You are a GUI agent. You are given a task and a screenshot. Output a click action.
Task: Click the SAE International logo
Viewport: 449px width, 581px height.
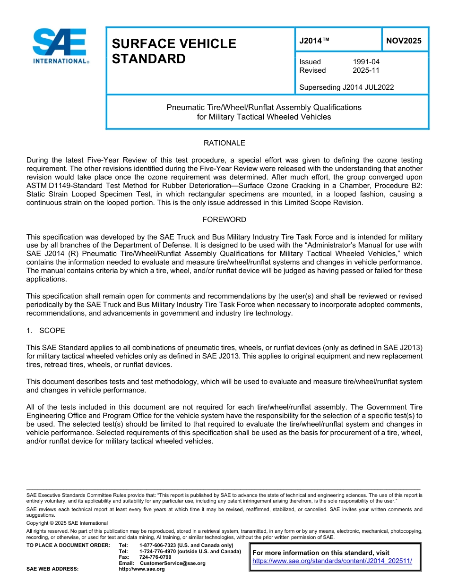[60, 46]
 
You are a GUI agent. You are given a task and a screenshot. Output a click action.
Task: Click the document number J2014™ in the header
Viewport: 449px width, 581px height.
[314, 41]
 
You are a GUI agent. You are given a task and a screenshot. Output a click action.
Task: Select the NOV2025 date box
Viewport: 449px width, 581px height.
[404, 41]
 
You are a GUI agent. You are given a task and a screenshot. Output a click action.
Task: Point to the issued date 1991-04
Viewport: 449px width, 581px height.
[366, 62]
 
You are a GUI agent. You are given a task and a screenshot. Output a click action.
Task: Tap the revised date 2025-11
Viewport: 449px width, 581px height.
[366, 70]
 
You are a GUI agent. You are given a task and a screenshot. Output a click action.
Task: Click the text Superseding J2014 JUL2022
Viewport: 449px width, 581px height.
[346, 87]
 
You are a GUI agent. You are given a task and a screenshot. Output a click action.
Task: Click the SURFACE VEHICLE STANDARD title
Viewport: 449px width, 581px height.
[173, 51]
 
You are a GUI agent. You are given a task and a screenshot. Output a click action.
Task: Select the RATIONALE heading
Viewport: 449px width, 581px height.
[224, 143]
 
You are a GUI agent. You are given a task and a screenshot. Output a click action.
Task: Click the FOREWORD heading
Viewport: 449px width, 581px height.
[224, 220]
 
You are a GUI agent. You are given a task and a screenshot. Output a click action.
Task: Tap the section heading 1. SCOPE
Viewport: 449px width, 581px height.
[46, 331]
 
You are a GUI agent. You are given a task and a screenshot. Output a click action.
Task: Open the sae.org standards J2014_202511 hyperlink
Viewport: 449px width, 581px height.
[332, 561]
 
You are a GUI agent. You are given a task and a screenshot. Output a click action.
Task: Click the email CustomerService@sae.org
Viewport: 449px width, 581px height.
[173, 563]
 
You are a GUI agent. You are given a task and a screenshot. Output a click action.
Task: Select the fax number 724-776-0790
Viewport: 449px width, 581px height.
[155, 557]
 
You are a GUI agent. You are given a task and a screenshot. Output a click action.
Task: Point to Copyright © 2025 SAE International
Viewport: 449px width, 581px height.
[67, 523]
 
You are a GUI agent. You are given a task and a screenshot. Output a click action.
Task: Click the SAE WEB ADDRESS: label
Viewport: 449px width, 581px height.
[52, 569]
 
